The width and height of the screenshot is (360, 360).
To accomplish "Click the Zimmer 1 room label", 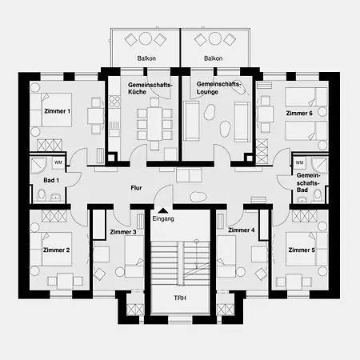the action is pyautogui.click(x=57, y=111).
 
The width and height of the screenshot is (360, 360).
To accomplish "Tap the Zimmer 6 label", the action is pyautogui.click(x=299, y=114).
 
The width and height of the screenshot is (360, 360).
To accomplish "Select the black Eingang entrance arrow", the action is pyautogui.click(x=163, y=210).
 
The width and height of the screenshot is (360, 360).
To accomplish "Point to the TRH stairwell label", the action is pyautogui.click(x=180, y=298).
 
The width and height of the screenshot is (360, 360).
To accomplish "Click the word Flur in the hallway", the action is pyautogui.click(x=136, y=188).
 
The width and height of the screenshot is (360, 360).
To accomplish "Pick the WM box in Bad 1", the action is pyautogui.click(x=58, y=162).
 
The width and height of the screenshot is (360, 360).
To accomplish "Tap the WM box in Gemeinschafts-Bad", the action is pyautogui.click(x=299, y=162).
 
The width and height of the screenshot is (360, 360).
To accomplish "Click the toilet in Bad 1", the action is pyautogui.click(x=42, y=195).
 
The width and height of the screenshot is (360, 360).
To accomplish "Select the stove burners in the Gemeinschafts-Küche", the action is pyautogui.click(x=114, y=102).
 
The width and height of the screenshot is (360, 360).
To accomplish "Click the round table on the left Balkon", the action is pyautogui.click(x=146, y=38).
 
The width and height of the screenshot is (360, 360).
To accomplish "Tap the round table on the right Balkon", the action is pyautogui.click(x=215, y=38).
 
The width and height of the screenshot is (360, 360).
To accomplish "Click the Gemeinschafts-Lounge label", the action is pyautogui.click(x=218, y=88).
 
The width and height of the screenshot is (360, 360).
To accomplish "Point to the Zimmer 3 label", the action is pyautogui.click(x=123, y=232).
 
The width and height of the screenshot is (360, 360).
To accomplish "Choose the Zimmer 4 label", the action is pyautogui.click(x=242, y=230).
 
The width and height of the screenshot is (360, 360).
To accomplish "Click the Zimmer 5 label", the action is pyautogui.click(x=302, y=250).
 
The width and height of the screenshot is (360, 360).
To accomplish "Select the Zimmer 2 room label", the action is pyautogui.click(x=56, y=250).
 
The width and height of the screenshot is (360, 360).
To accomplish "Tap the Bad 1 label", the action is pyautogui.click(x=51, y=181).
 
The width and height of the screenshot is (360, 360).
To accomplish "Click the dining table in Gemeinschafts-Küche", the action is pyautogui.click(x=155, y=123).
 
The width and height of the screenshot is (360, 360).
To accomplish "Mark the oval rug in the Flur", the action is pyautogui.click(x=198, y=197).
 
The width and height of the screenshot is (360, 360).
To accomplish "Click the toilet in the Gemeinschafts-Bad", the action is pyautogui.click(x=318, y=195).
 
